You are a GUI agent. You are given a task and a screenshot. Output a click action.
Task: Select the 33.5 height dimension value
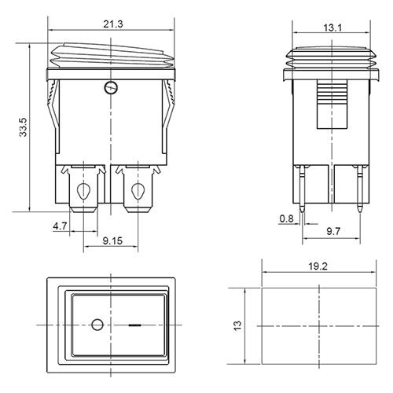(24, 127)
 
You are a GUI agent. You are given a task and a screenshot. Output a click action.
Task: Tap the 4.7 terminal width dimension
(60, 226)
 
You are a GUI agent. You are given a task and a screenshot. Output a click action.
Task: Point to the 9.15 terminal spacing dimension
(112, 241)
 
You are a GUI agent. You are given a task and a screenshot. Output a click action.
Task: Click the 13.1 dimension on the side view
(332, 28)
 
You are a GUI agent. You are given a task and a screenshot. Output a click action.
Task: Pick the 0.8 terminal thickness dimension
(287, 219)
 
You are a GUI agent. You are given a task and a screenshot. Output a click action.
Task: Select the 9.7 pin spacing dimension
(333, 231)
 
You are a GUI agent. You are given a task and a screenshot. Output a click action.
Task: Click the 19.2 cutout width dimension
(318, 266)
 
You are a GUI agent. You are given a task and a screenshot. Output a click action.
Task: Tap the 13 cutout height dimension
(237, 325)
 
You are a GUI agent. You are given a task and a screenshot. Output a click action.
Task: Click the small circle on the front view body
(111, 87)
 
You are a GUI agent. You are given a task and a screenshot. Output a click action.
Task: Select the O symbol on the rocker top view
(97, 325)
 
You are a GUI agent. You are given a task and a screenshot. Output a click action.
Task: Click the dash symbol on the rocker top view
(134, 325)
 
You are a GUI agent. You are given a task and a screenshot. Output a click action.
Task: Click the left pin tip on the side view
(303, 210)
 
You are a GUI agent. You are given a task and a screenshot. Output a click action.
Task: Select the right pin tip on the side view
(360, 210)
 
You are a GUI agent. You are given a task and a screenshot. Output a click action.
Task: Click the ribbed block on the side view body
(332, 105)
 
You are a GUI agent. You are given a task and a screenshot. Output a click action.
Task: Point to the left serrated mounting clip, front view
(53, 116)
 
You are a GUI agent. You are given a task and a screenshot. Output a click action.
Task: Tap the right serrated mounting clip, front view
(168, 116)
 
